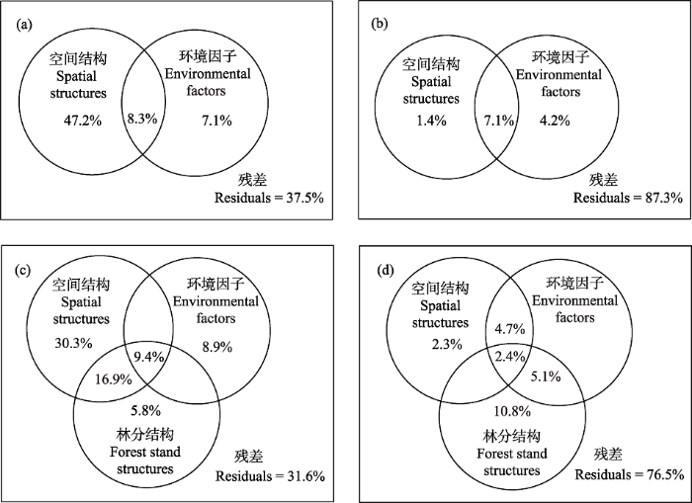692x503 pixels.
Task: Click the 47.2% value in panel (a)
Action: [82, 121]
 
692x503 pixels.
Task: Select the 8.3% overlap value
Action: [142, 119]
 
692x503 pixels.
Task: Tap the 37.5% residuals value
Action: [304, 198]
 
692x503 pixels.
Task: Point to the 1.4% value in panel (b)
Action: [431, 121]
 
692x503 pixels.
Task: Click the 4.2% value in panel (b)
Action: [555, 121]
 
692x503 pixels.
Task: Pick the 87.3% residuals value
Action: [664, 198]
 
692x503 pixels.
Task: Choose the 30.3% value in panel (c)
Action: [74, 343]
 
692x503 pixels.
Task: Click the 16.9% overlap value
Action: [114, 379]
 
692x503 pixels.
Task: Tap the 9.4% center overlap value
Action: [149, 357]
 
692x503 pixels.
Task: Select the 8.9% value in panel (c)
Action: [217, 347]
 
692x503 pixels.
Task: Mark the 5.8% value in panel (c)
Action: [145, 411]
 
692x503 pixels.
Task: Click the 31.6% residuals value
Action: [306, 476]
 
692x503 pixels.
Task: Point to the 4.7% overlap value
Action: [510, 329]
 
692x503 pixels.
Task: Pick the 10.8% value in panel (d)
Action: [512, 412]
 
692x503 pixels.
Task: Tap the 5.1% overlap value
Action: [546, 377]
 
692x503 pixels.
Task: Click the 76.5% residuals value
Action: [665, 474]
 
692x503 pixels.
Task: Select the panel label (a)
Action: [25, 25]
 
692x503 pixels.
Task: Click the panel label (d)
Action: [386, 270]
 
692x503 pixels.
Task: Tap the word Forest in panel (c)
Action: [125, 453]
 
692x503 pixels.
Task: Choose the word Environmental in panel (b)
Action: [559, 74]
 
